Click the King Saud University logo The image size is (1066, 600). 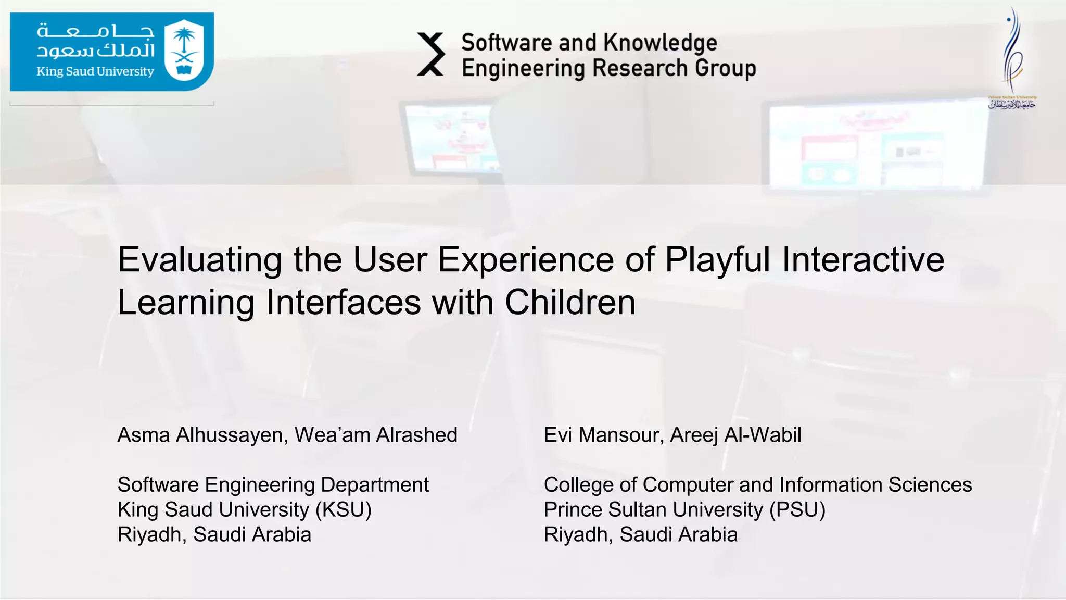click(112, 52)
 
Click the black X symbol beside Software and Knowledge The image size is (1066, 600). click(431, 54)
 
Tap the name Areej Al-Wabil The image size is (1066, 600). click(735, 435)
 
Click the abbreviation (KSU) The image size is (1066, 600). click(344, 509)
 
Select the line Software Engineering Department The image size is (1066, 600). click(273, 484)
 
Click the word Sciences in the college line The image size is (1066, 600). click(930, 484)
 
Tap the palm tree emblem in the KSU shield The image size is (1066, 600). click(184, 42)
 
